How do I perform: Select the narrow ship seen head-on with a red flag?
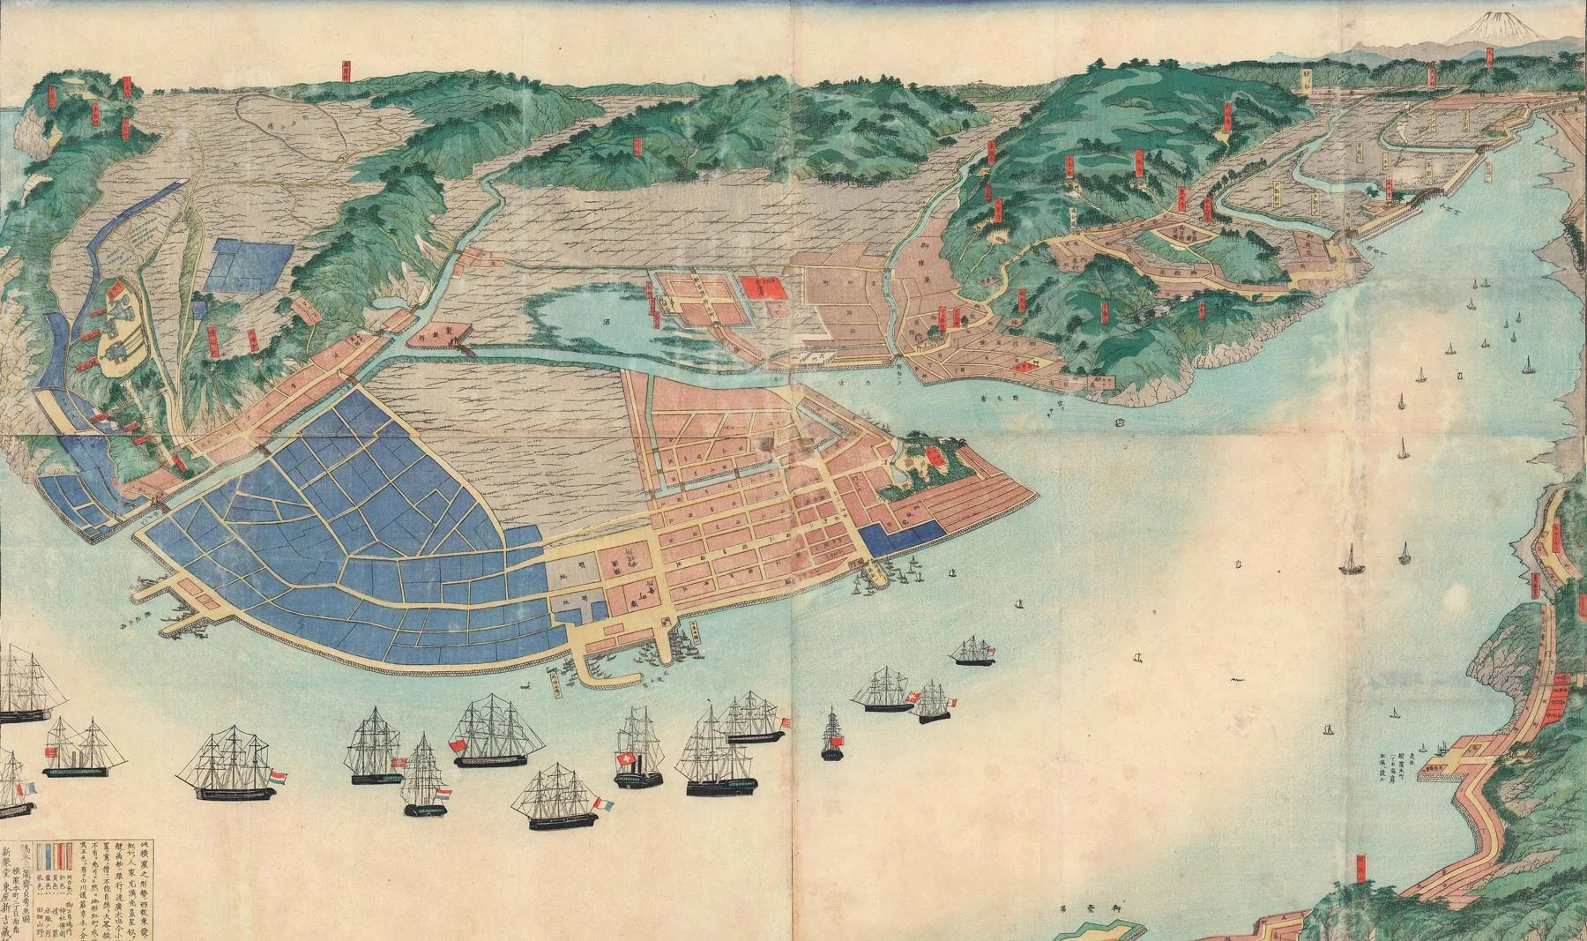[x=831, y=733]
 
